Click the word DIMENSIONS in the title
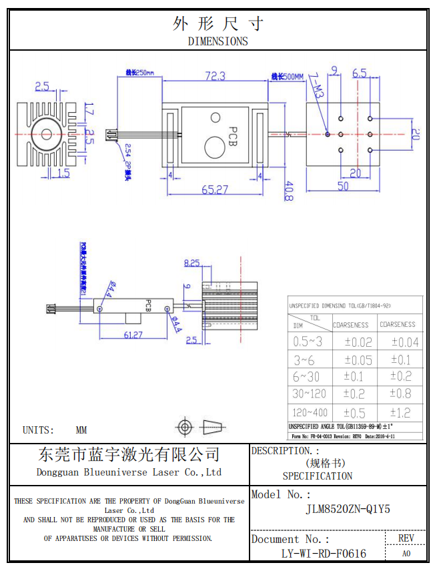click(x=217, y=41)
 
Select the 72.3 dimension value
click(x=215, y=76)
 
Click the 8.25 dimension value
click(x=192, y=263)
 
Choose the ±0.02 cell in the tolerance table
click(x=358, y=342)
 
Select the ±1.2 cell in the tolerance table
click(x=400, y=413)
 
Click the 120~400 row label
click(x=310, y=413)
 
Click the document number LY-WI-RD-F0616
click(x=324, y=553)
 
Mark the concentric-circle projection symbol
click(x=185, y=426)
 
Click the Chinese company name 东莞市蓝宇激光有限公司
click(x=129, y=455)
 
